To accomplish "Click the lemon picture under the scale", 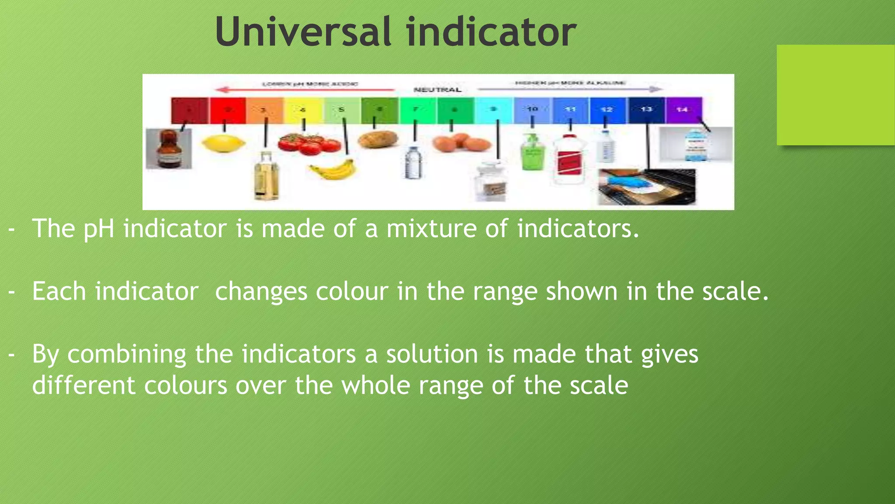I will pyautogui.click(x=223, y=143).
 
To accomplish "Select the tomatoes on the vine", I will pyautogui.click(x=309, y=144).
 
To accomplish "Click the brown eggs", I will pyautogui.click(x=461, y=143).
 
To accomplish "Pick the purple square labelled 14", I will pyautogui.click(x=683, y=109).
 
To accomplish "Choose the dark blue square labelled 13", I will pyautogui.click(x=646, y=109).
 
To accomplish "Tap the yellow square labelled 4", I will pyautogui.click(x=303, y=109).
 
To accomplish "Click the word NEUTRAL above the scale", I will pyautogui.click(x=437, y=90).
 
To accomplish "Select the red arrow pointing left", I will pyautogui.click(x=306, y=90).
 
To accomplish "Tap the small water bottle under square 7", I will pyautogui.click(x=413, y=163).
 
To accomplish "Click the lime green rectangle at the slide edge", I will pyautogui.click(x=835, y=95).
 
